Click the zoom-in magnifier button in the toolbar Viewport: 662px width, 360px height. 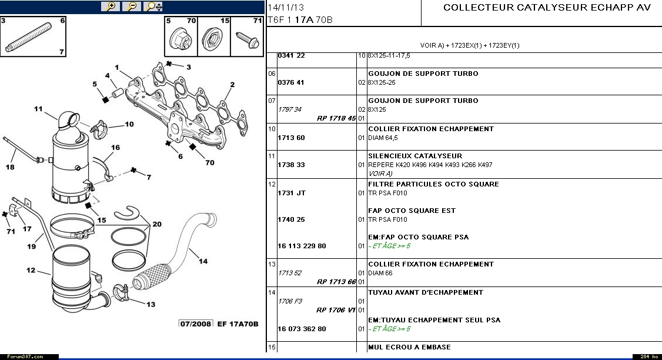(x=110, y=6)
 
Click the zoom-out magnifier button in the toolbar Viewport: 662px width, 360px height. (x=132, y=6)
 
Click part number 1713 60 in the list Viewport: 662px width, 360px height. (x=291, y=138)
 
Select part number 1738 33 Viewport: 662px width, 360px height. (x=291, y=165)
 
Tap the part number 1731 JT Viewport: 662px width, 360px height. (x=292, y=193)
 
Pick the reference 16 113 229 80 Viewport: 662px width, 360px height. (x=302, y=246)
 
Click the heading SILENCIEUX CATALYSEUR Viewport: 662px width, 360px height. (x=415, y=156)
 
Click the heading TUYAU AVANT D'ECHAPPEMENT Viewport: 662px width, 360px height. (x=426, y=292)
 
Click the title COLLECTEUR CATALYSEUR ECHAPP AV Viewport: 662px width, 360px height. (x=547, y=8)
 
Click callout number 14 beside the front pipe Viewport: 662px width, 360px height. (x=203, y=262)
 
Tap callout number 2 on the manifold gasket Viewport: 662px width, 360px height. (x=232, y=85)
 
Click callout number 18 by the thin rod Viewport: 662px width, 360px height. (x=10, y=167)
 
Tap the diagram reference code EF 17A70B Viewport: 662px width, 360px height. (x=238, y=324)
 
